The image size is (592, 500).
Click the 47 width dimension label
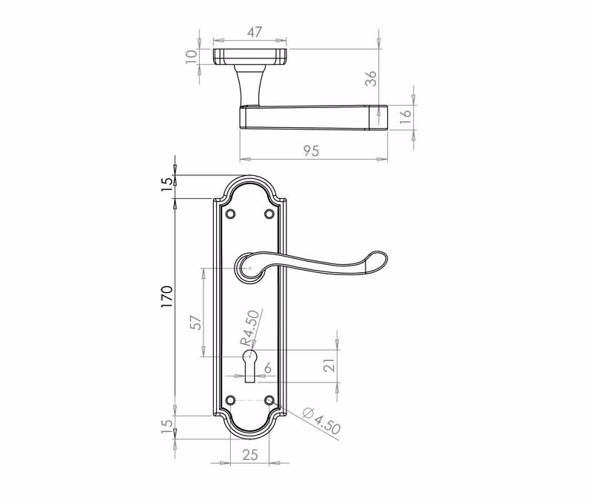[255, 32]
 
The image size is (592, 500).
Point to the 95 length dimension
[312, 151]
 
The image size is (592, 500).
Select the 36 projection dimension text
[371, 78]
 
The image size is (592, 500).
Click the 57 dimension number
[196, 322]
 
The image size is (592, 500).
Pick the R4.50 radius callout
[250, 328]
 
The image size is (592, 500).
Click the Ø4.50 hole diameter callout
[322, 419]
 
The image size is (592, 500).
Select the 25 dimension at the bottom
[250, 455]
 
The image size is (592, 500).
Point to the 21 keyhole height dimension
[329, 365]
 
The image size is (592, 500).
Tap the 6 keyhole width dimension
[268, 368]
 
